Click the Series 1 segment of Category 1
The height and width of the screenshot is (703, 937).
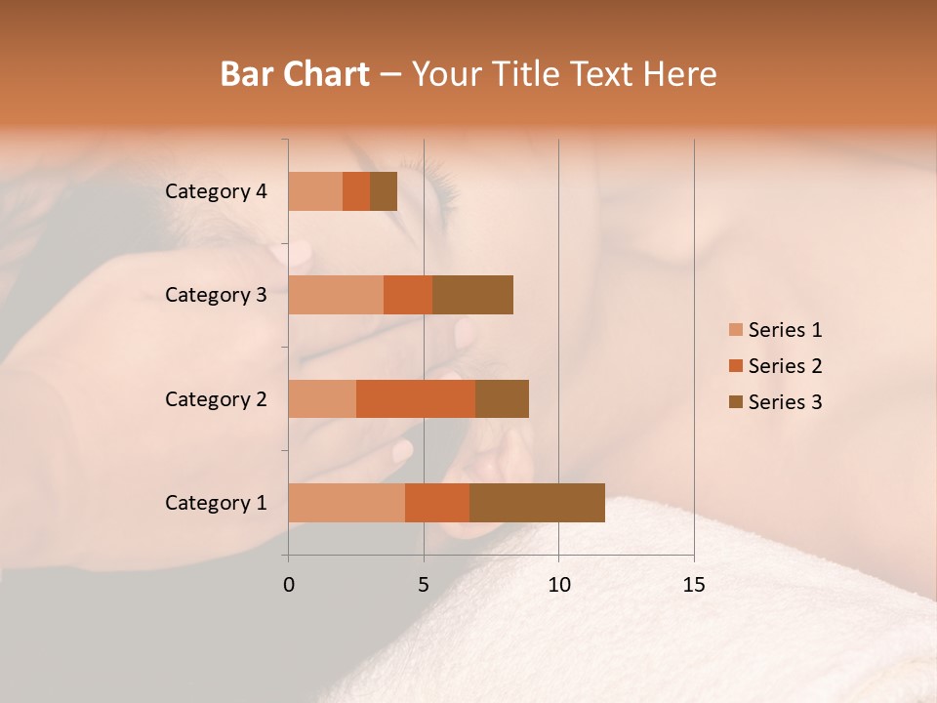point(346,503)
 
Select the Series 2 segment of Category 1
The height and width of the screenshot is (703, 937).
point(437,503)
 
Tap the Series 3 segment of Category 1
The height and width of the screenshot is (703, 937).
point(537,503)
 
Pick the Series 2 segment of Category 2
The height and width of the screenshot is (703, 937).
point(416,398)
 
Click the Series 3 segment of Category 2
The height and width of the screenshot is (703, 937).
point(502,398)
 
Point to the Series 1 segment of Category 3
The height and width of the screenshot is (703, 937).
point(336,295)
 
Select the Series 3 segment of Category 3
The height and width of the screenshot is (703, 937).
point(472,295)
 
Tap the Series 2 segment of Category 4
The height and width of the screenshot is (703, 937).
point(356,191)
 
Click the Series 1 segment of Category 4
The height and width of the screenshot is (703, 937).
point(315,191)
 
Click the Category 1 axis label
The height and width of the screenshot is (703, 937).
point(216,503)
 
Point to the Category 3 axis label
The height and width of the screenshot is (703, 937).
point(216,295)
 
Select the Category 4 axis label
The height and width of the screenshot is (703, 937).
point(216,191)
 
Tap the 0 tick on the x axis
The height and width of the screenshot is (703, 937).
point(289,585)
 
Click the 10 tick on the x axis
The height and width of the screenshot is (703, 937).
point(558,585)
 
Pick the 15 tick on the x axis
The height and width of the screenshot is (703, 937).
point(694,585)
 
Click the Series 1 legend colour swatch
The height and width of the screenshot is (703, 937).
point(735,330)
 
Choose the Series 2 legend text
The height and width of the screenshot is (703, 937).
point(785,366)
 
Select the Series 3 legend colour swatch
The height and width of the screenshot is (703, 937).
point(735,402)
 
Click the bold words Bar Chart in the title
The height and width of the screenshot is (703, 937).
point(295,74)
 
